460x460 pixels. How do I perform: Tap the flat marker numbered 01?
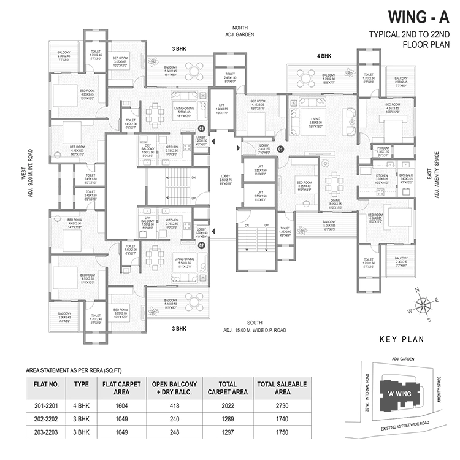281,148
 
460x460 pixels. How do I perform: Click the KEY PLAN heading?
400,339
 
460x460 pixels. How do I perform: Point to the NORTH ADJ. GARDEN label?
243,31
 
